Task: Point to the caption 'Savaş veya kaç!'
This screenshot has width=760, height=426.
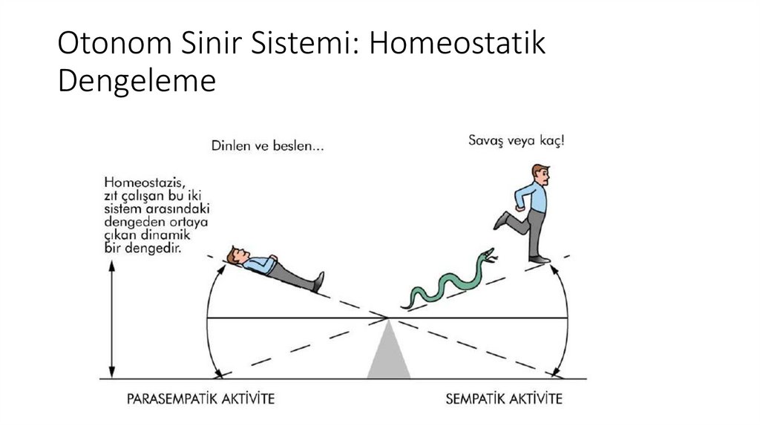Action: tap(516, 139)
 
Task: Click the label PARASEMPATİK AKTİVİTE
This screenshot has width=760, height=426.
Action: tap(201, 399)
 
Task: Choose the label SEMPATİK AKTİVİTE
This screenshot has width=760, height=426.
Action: tap(503, 399)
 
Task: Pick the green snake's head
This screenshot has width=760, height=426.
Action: tap(488, 255)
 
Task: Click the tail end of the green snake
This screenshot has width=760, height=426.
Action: tap(405, 304)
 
